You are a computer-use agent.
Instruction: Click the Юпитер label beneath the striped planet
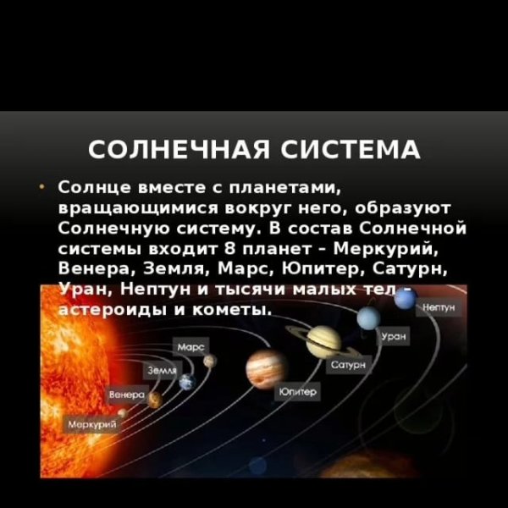297,393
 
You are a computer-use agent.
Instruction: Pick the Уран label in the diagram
395,337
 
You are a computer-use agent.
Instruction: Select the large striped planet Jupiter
266,367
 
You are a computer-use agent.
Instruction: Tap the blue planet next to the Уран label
367,318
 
